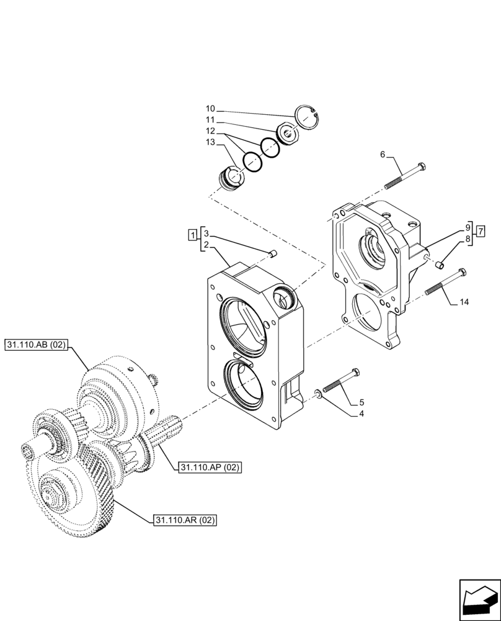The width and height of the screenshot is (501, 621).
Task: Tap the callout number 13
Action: [x=211, y=142]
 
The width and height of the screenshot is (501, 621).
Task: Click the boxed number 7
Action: [x=479, y=232]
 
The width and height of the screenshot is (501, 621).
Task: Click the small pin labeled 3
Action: [x=273, y=252]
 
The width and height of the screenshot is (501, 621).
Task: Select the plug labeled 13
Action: [x=232, y=181]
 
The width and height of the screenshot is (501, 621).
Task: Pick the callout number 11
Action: [x=211, y=120]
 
